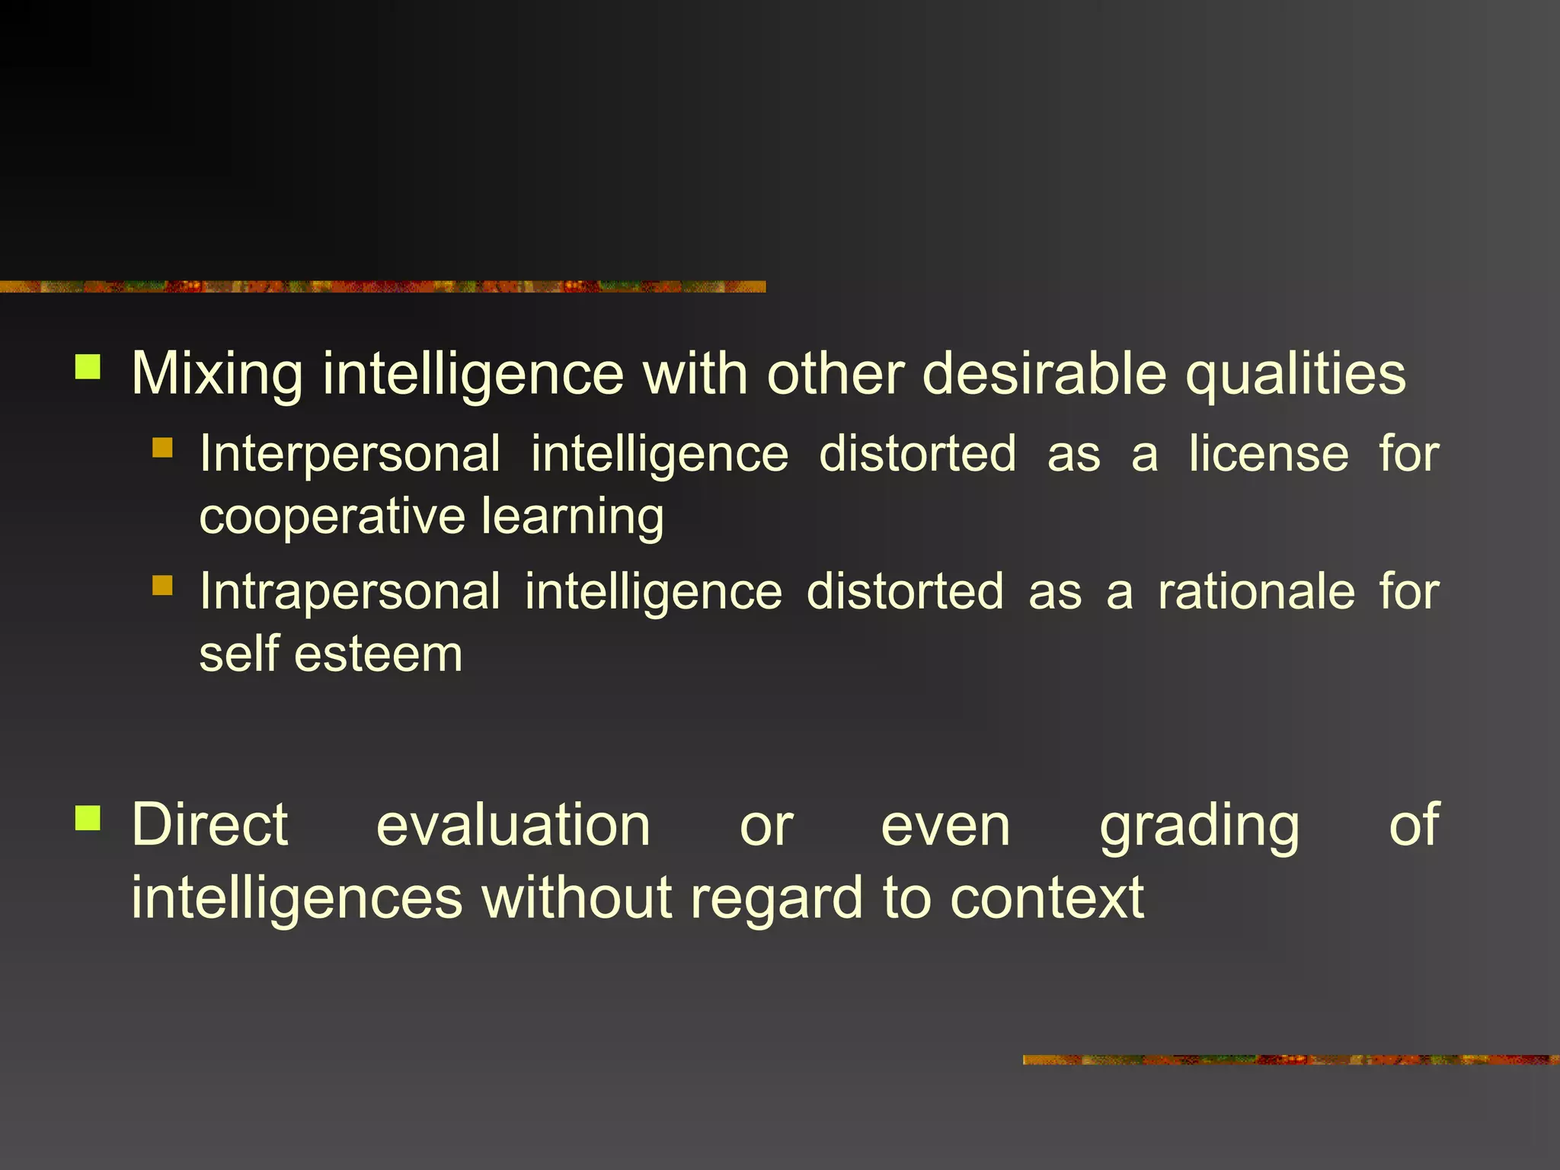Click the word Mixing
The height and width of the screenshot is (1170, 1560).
click(x=217, y=375)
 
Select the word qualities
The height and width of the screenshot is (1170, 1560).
click(x=1296, y=375)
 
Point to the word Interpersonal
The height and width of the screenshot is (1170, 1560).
click(x=350, y=455)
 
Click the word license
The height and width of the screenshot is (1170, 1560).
click(x=1268, y=454)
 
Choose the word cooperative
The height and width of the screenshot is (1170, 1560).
click(x=331, y=516)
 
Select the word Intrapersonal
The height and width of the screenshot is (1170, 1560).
click(x=350, y=592)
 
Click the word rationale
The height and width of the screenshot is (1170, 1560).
click(x=1256, y=592)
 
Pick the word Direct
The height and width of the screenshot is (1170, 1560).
click(x=209, y=824)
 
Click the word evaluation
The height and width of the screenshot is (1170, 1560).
click(x=513, y=826)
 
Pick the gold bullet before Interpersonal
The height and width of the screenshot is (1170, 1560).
click(x=162, y=447)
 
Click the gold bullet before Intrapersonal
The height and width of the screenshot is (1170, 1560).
click(x=162, y=585)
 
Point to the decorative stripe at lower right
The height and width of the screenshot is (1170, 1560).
click(x=1290, y=1060)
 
